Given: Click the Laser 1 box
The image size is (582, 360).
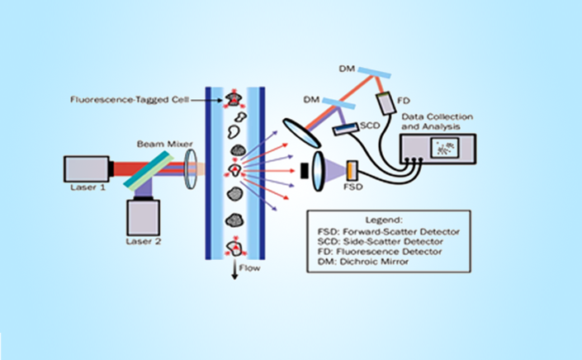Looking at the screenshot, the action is tap(87, 169).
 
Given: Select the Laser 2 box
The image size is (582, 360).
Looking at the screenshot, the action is tap(144, 218).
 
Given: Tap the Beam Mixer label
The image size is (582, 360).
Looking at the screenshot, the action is tap(165, 144).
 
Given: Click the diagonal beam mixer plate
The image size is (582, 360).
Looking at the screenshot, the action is tap(149, 170).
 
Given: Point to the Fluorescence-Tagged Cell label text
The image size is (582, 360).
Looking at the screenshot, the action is tap(130, 100).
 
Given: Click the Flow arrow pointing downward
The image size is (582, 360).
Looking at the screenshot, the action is tap(234, 270).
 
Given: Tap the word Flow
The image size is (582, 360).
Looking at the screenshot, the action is tap(249, 268).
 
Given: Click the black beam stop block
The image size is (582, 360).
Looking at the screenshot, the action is tap(304, 171).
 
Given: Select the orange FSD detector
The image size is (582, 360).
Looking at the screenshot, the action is tap(352, 170).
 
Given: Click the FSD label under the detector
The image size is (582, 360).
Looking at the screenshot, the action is tap(353, 187).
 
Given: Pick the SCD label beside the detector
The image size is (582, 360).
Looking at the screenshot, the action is tap(370, 126).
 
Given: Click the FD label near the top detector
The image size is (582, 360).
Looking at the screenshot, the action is tap(404, 101).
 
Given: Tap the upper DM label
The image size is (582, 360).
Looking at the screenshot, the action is tap(347, 69).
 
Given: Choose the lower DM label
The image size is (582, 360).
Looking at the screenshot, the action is tap(311, 99).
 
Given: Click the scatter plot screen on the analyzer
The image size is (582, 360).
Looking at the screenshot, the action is tap(445, 147).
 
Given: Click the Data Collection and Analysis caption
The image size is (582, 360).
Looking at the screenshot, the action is tap(437, 121).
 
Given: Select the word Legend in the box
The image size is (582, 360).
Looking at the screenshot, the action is tap(388, 220).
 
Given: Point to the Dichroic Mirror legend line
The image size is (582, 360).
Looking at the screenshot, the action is tap(363, 262).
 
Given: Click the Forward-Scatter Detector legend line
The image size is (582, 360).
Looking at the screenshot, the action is tap(389, 232).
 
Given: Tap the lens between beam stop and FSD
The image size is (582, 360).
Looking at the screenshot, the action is tap(319, 171).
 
